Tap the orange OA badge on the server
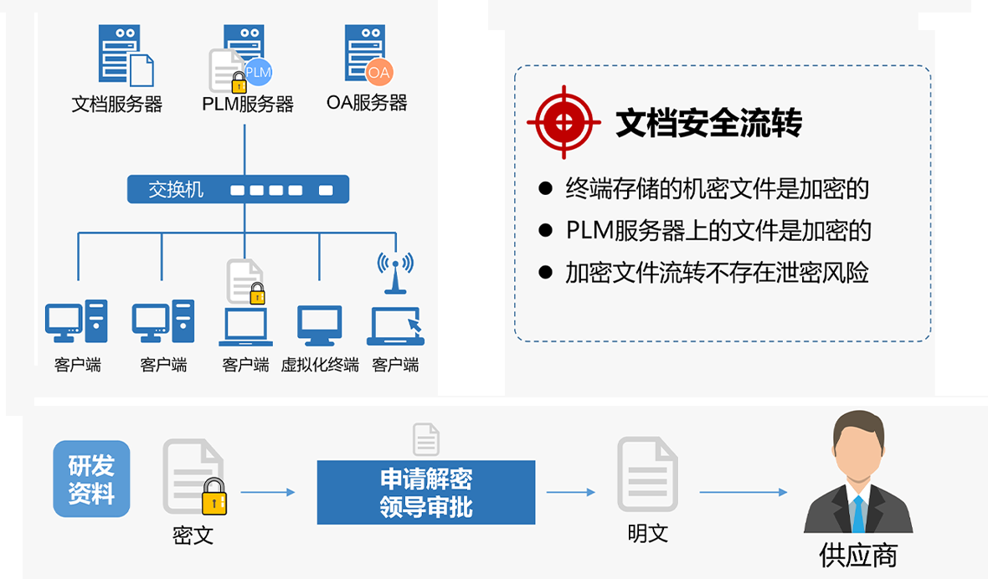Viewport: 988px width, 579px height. [378, 72]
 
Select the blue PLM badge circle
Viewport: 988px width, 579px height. [258, 72]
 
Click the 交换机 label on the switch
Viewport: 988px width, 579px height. [176, 189]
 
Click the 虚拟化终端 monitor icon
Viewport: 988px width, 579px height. [320, 325]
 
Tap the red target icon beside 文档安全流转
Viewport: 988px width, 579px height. [563, 122]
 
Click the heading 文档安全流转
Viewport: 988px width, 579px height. [708, 123]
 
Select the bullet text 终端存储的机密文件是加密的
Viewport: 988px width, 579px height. [717, 188]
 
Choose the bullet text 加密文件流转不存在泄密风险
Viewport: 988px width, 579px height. [717, 273]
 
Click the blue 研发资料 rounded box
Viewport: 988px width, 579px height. [91, 479]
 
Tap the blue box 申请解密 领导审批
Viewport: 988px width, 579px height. [425, 492]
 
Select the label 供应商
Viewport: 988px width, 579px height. [858, 556]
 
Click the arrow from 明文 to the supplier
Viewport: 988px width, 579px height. [743, 492]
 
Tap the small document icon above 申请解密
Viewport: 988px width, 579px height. [425, 439]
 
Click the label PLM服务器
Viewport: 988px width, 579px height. [248, 105]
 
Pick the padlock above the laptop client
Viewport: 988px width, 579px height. [256, 293]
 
